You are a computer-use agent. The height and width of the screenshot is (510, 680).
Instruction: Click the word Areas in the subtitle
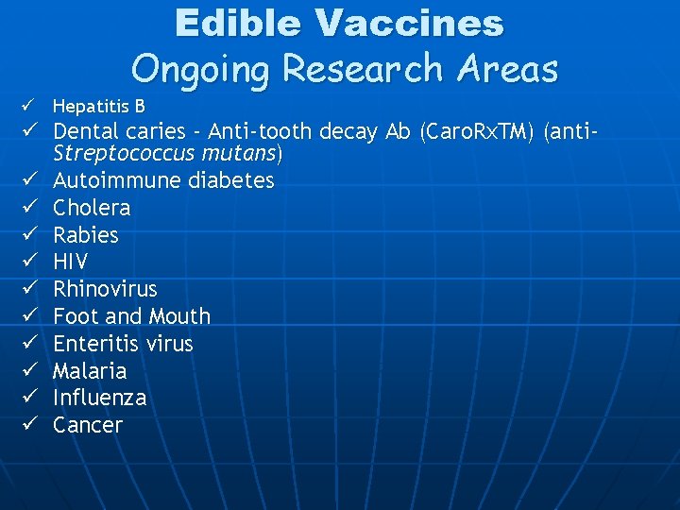506,68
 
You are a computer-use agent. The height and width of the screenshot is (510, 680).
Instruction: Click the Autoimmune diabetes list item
163,179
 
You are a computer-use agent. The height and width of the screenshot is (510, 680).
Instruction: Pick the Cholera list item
92,207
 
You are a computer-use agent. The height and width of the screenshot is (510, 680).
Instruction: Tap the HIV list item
71,262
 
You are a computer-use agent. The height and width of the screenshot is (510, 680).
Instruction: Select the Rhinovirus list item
105,289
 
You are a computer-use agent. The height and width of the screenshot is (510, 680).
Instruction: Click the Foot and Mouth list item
131,316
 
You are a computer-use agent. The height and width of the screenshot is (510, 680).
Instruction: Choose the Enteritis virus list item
123,344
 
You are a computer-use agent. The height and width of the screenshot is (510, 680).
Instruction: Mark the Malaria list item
90,370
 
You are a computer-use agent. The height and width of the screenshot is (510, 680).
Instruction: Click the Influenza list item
99,398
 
